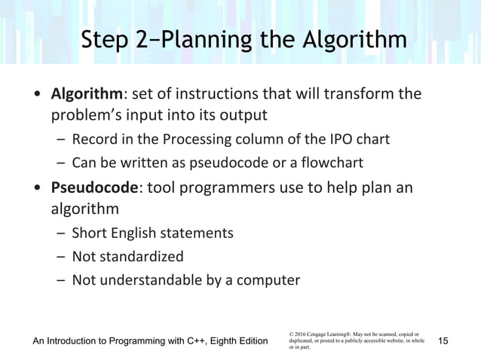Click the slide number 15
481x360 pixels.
click(443, 342)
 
